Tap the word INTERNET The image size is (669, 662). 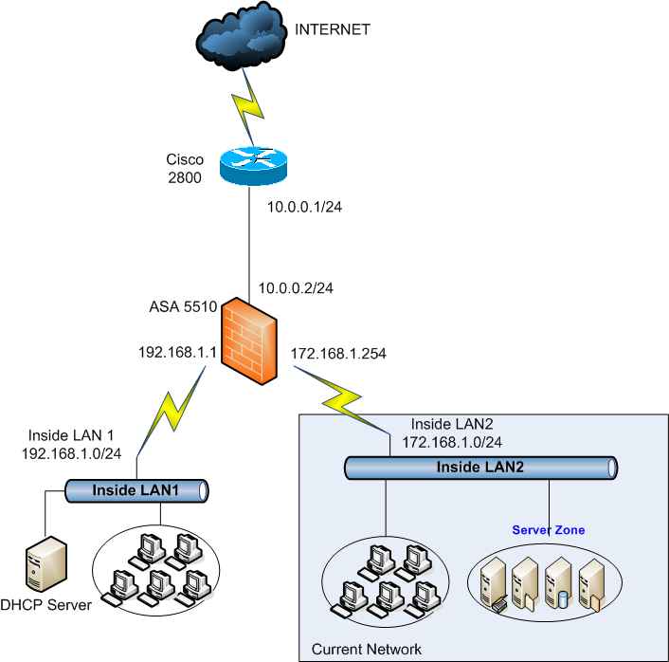[332, 29]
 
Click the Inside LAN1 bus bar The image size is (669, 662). [136, 490]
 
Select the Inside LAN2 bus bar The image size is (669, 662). [480, 467]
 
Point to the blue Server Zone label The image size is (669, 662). [549, 528]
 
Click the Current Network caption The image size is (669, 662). [366, 649]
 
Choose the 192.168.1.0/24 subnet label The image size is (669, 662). [71, 452]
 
